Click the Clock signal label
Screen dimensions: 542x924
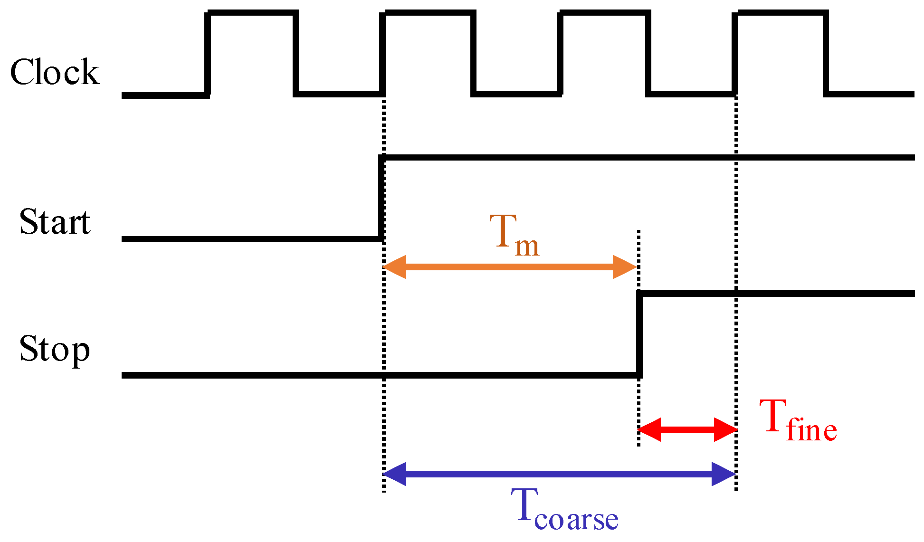point(55,72)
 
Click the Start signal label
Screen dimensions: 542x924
point(55,222)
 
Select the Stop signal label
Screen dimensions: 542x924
point(54,349)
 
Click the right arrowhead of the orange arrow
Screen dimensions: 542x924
point(624,267)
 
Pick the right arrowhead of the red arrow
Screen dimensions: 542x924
point(725,429)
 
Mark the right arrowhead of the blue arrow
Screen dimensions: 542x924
point(723,474)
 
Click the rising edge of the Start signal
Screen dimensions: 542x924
point(381,197)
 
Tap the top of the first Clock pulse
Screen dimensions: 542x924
point(253,13)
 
